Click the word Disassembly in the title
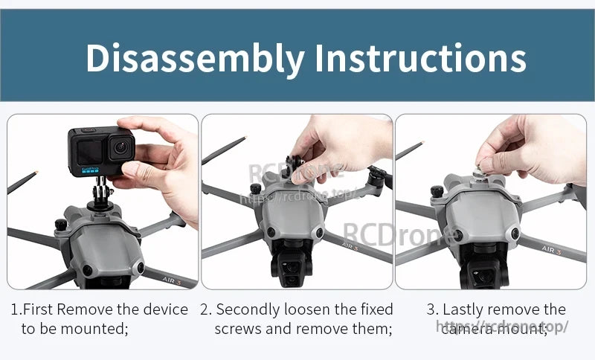tap(195, 58)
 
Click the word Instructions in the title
tap(420, 58)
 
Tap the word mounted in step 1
tap(97, 328)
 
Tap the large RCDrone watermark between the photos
tap(401, 234)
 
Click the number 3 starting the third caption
tap(431, 309)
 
